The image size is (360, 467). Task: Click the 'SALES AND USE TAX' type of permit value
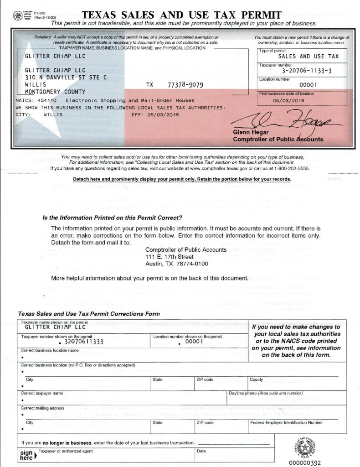point(302,57)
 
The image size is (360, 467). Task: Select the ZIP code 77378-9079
point(185,85)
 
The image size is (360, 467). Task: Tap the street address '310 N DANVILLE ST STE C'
point(66,78)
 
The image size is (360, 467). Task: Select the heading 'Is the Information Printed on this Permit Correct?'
point(112,218)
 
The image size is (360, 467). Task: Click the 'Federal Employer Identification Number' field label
point(286,422)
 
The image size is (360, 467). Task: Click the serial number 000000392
point(305,462)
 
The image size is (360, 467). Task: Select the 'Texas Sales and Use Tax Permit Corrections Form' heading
point(89,314)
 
